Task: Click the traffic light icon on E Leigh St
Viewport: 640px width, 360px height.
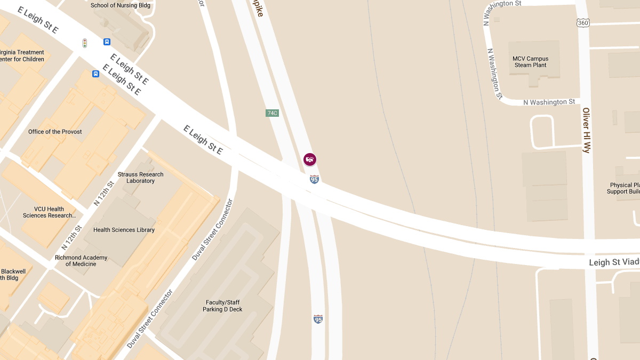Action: (x=84, y=43)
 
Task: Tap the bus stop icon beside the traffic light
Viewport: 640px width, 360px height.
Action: (x=107, y=42)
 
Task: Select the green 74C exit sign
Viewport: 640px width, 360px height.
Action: (x=272, y=113)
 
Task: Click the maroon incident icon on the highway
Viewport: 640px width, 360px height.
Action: (x=310, y=159)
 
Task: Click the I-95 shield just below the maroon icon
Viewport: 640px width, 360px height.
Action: (x=315, y=179)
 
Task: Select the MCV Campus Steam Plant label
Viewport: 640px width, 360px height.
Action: (x=530, y=62)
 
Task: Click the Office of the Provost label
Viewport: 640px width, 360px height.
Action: (x=55, y=132)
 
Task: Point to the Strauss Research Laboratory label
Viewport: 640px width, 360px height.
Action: (x=141, y=178)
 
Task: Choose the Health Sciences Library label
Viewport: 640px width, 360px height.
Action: (x=124, y=230)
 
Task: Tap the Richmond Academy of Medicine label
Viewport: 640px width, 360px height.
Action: (x=81, y=261)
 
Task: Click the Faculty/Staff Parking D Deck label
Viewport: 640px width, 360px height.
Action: (x=222, y=306)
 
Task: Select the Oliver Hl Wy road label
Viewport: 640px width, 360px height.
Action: (x=586, y=131)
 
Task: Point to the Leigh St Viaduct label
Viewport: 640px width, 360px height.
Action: (x=614, y=262)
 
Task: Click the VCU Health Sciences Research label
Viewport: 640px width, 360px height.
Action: (x=49, y=212)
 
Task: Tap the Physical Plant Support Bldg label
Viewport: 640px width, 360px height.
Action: (x=624, y=188)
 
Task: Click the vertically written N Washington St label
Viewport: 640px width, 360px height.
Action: (x=495, y=74)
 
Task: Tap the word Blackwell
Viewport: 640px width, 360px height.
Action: (x=13, y=271)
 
